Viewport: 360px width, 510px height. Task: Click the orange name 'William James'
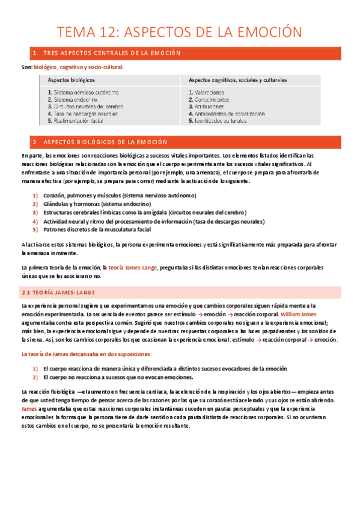[298, 315]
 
